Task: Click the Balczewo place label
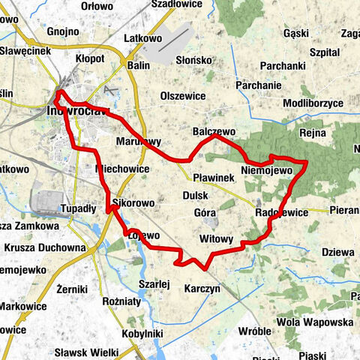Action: [x=214, y=130]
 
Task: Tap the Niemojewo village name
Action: [x=266, y=171]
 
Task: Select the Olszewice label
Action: [x=182, y=96]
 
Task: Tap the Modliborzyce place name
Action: [x=313, y=102]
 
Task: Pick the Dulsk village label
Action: [x=195, y=196]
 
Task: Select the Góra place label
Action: [x=205, y=213]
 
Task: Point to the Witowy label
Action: [x=217, y=239]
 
